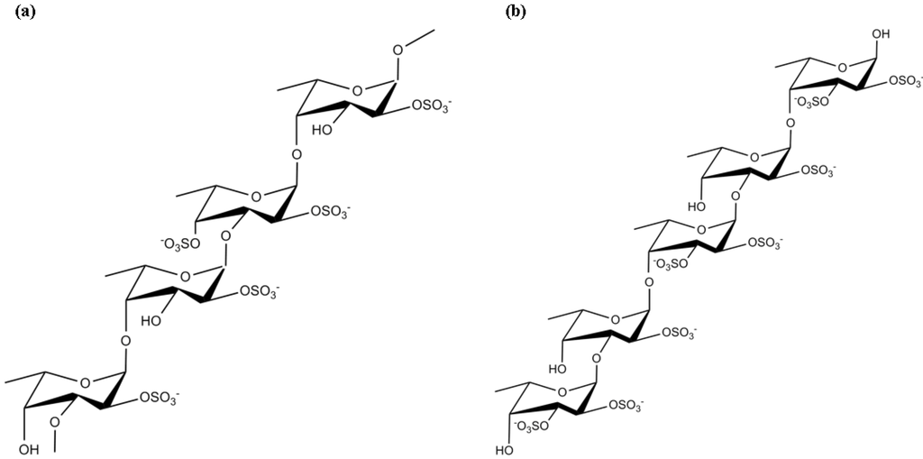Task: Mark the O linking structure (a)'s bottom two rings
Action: point(125,340)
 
